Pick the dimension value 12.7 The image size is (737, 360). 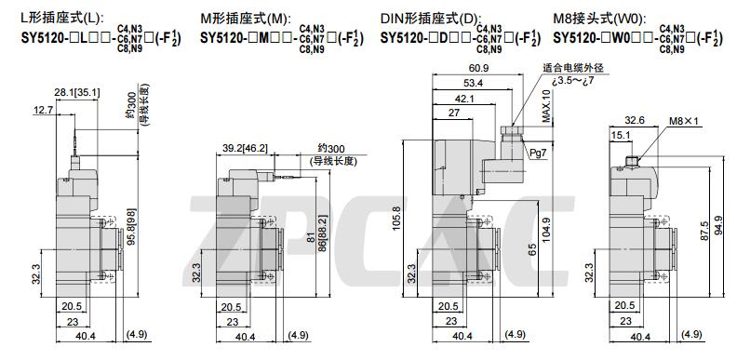(43, 111)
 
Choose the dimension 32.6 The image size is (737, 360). (635, 120)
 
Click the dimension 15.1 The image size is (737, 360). (620, 135)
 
